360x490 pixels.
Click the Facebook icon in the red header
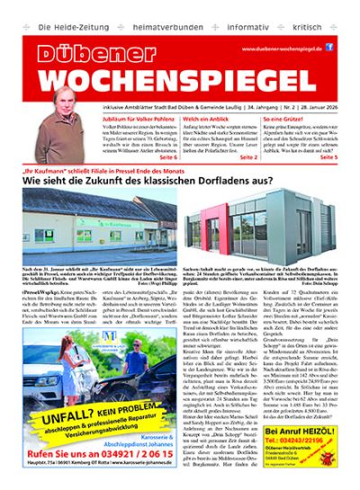[329, 47]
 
